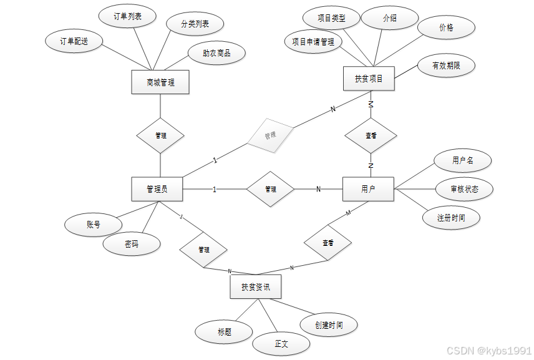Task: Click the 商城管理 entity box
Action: [160, 82]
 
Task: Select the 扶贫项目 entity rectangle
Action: [369, 79]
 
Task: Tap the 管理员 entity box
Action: [157, 188]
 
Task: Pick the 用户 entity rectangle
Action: [368, 188]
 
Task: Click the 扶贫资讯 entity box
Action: [255, 287]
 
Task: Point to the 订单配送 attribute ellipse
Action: [74, 41]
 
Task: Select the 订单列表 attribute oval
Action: [127, 17]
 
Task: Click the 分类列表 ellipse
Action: [195, 24]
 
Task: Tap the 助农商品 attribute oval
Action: [216, 54]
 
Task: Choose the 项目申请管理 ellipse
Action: [313, 42]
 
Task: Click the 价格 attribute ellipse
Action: [446, 27]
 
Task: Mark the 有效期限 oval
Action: [445, 65]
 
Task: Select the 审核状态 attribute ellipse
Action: [464, 188]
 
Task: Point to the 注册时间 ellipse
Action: [450, 218]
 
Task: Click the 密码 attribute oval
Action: [131, 245]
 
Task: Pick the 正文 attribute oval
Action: [281, 343]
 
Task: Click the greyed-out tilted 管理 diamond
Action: [269, 135]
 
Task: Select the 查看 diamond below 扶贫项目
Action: [371, 135]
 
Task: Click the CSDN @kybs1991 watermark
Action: [489, 351]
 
